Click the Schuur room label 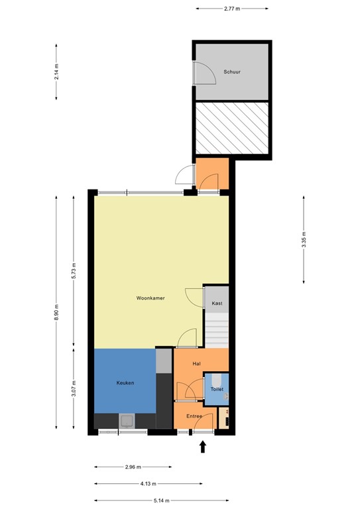tap(231, 72)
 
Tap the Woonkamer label tap(150, 298)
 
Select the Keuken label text tap(126, 383)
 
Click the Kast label tap(217, 304)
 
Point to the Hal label tap(196, 364)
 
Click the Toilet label tap(217, 389)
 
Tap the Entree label tap(194, 416)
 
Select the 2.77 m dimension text tap(232, 9)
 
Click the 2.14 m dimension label tap(57, 72)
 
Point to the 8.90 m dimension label tap(57, 311)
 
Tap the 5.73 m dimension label tap(74, 271)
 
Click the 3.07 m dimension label tap(74, 388)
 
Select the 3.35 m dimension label tap(304, 239)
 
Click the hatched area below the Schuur tap(231, 127)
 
